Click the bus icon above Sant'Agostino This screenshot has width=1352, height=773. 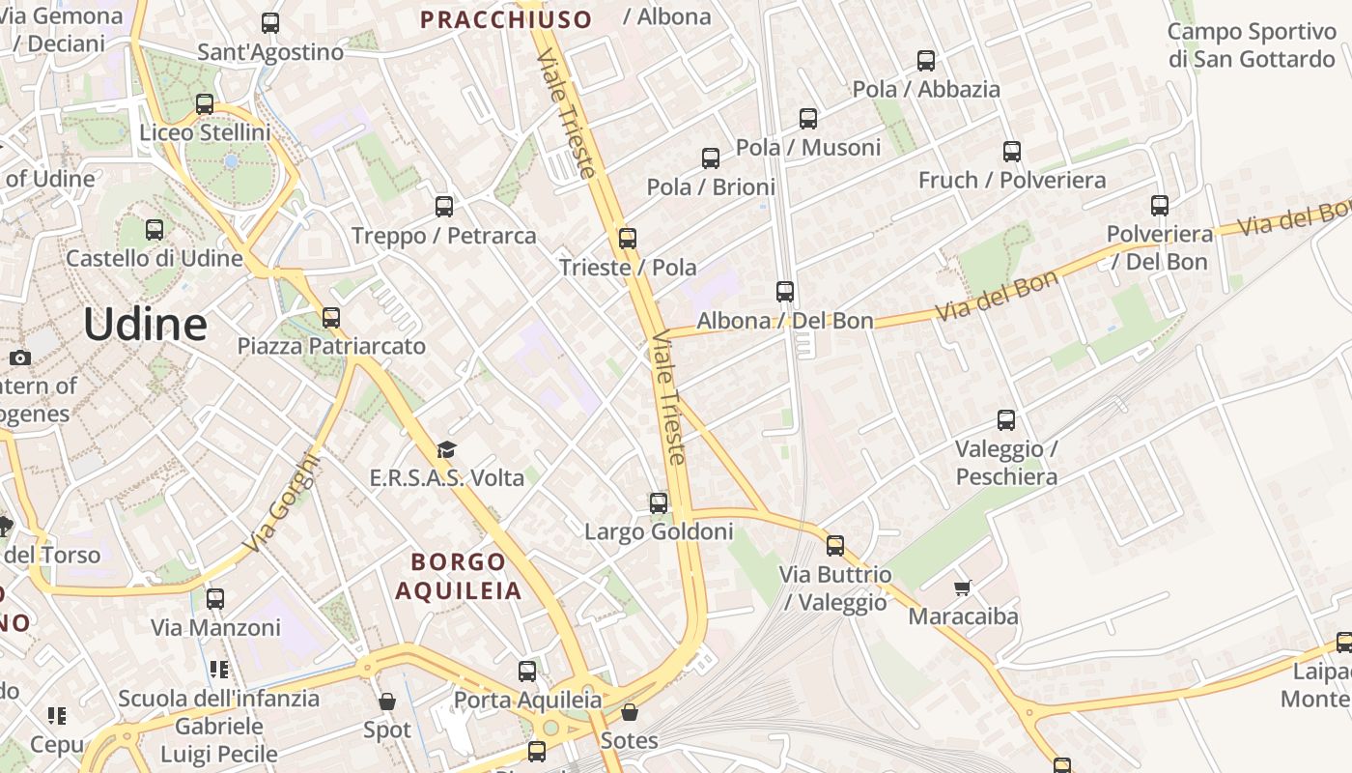[x=270, y=23]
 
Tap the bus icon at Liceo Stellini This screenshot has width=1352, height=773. [x=205, y=103]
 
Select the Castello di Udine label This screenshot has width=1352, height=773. [x=155, y=258]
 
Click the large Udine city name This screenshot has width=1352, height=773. [x=145, y=325]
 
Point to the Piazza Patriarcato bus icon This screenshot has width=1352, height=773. [x=331, y=317]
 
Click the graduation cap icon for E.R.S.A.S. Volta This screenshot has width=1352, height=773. [x=446, y=449]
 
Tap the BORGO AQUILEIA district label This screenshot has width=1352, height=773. [x=459, y=576]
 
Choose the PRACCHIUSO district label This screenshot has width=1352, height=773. [x=506, y=19]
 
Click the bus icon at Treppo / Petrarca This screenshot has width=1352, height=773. [x=444, y=206]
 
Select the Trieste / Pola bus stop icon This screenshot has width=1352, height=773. [x=628, y=238]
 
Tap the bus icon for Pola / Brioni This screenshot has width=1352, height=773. [x=711, y=157]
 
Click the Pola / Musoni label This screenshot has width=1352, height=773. [x=808, y=147]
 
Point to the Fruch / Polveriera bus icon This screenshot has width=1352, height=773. [x=1012, y=151]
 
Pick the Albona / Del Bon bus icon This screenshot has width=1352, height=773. [x=785, y=291]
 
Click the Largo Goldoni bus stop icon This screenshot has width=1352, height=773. [x=659, y=502]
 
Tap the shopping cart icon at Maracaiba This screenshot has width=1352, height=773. [x=963, y=587]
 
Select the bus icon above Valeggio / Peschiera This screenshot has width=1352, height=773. [x=1006, y=419]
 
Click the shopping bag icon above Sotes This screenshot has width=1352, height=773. [x=630, y=712]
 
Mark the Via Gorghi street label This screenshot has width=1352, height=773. [x=279, y=502]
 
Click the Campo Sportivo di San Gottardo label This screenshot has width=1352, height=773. [x=1251, y=45]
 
